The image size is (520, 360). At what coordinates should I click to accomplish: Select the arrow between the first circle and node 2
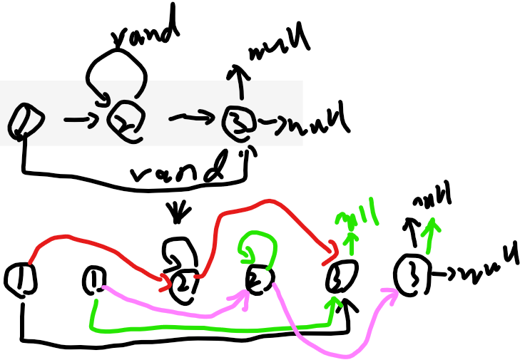tap(81, 119)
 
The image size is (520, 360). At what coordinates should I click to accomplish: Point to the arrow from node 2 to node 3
tap(193, 116)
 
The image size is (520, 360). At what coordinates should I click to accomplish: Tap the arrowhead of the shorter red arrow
tap(165, 283)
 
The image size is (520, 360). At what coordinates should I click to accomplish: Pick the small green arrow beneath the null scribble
tap(350, 242)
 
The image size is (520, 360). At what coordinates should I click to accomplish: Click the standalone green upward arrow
tap(430, 235)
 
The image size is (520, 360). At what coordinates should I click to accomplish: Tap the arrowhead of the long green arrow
tap(333, 302)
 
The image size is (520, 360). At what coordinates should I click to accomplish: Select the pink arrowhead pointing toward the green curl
tap(241, 297)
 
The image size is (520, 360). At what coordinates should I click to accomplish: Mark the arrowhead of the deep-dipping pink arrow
tap(389, 293)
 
